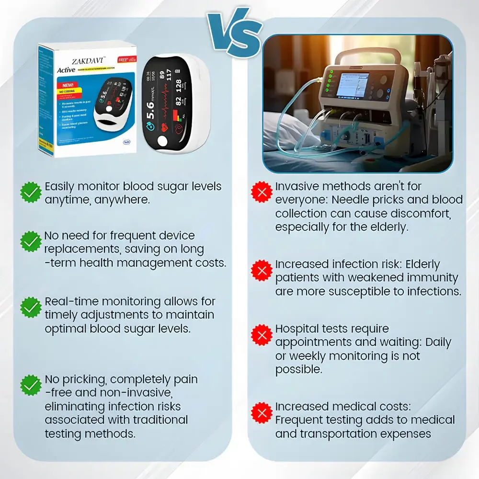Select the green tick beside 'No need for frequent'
31,241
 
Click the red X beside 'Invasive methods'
262,193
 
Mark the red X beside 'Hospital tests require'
262,335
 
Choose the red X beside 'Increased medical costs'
262,413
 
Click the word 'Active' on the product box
66,70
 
